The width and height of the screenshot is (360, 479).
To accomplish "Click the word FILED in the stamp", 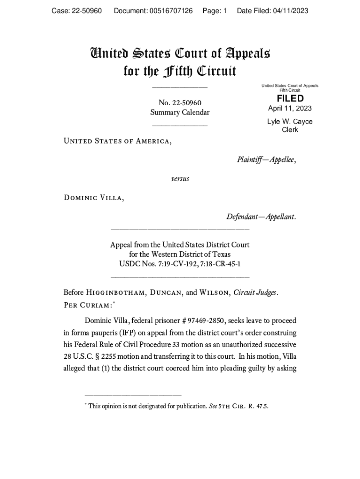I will tap(290, 98).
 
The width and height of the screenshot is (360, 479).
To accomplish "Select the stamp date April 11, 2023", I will tap(290, 109).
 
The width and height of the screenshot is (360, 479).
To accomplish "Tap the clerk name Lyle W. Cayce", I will tap(290, 122).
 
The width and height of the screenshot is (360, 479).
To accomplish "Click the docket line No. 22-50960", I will tap(180, 103).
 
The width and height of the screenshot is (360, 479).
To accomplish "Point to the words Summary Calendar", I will tap(180, 112).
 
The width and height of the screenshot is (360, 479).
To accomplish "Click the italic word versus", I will tap(180, 179).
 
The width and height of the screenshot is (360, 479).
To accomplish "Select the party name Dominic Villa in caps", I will tap(94, 198).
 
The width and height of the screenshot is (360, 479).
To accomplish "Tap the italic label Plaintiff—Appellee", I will tap(266, 160).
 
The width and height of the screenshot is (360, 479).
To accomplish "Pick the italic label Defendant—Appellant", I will tap(261, 217).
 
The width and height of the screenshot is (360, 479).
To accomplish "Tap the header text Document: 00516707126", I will tap(153, 11).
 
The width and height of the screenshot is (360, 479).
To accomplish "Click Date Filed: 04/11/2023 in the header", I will tap(273, 11).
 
